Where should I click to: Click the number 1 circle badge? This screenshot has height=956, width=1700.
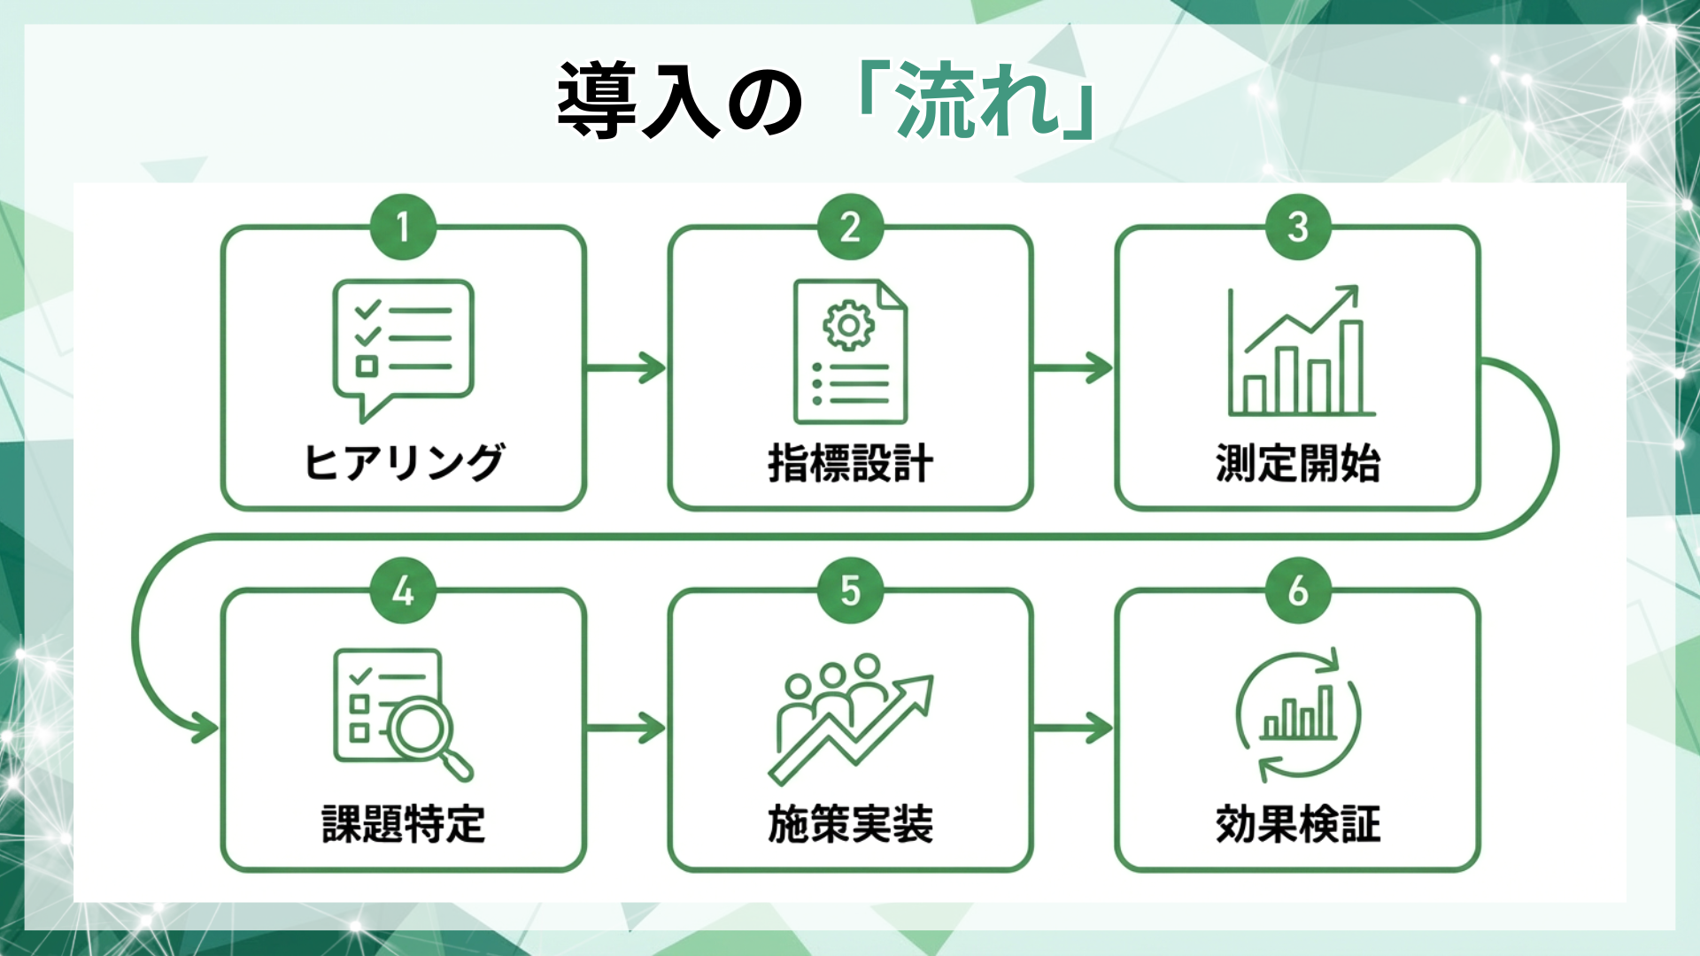point(403,227)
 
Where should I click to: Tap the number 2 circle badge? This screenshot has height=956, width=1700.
point(850,227)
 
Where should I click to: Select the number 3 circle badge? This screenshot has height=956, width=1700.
point(1298,227)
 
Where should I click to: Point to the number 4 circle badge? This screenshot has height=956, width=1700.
point(403,590)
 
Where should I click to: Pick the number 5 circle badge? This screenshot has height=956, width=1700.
point(850,590)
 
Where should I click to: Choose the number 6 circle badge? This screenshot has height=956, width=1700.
point(1298,590)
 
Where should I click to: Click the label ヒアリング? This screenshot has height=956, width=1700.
point(404,463)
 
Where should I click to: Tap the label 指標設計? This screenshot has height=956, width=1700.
point(850,463)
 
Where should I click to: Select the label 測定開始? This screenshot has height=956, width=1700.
point(1298,463)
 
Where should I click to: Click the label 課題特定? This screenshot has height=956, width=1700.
point(404,824)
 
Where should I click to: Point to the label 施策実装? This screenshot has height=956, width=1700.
point(850,824)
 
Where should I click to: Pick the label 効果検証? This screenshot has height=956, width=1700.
point(1298,824)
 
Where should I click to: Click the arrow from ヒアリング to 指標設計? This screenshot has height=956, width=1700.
point(626,367)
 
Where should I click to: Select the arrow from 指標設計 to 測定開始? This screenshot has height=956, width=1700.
point(1073,367)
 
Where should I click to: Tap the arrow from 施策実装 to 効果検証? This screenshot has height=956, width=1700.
point(1073,729)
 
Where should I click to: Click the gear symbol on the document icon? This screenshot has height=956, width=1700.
point(848,326)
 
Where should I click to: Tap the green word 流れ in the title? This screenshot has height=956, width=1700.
point(978,100)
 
